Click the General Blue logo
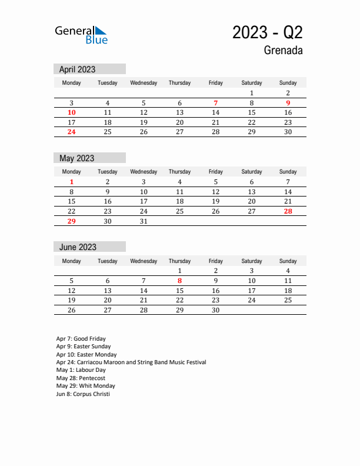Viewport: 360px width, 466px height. (x=81, y=35)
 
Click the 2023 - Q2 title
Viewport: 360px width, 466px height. (x=268, y=32)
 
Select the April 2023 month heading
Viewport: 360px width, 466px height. (x=78, y=69)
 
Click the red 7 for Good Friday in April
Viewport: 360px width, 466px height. (x=216, y=103)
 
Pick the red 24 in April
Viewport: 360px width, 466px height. (x=72, y=132)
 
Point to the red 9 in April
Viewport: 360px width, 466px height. (x=288, y=103)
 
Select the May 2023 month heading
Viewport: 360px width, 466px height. (x=77, y=158)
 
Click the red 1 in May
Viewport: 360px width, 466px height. (x=72, y=182)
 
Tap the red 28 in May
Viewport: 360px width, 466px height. (x=288, y=211)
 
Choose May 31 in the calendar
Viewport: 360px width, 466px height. (x=144, y=221)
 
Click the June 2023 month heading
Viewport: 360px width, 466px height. (x=78, y=247)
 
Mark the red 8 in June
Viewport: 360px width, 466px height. (x=179, y=281)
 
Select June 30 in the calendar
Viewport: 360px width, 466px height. (x=216, y=310)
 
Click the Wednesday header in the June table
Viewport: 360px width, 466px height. (x=144, y=261)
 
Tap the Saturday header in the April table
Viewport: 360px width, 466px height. (x=252, y=83)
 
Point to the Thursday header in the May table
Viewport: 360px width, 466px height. (x=179, y=172)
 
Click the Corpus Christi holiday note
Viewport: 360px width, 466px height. (x=83, y=394)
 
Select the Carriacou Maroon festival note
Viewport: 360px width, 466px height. (x=131, y=362)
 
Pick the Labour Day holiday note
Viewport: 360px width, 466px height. (x=81, y=370)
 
